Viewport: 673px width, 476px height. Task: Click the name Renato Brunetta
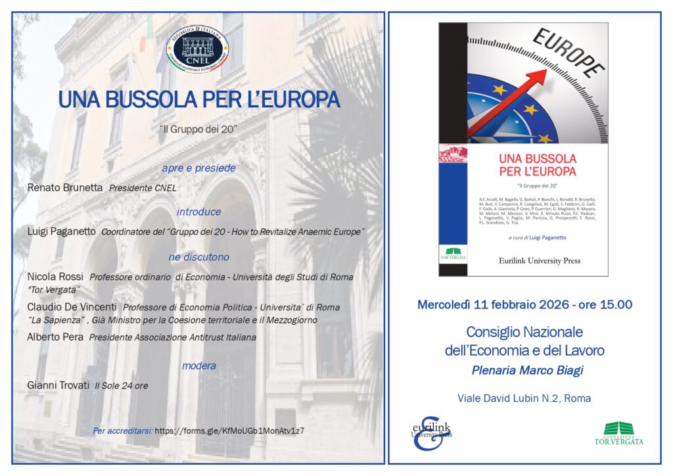pyautogui.click(x=65, y=188)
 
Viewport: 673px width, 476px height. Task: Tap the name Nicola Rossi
pyautogui.click(x=57, y=277)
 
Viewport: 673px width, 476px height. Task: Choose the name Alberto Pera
pyautogui.click(x=55, y=337)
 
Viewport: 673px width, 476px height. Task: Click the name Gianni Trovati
pyautogui.click(x=58, y=385)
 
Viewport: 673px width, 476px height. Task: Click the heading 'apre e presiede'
pyautogui.click(x=198, y=168)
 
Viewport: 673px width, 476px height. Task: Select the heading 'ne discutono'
pyautogui.click(x=198, y=257)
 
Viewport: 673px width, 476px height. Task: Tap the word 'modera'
pyautogui.click(x=198, y=366)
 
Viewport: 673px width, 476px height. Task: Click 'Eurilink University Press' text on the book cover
pyautogui.click(x=540, y=260)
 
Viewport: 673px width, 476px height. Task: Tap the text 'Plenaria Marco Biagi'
pyautogui.click(x=527, y=370)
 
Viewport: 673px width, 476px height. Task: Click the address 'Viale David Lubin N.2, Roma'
pyautogui.click(x=524, y=398)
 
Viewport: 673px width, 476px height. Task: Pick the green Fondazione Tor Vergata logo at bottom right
pyautogui.click(x=623, y=433)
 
